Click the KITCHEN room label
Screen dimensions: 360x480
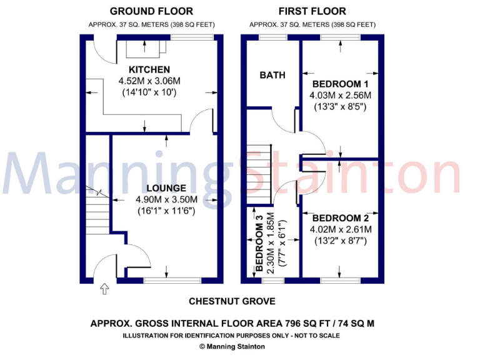[149, 69]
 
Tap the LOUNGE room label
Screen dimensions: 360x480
[166, 188]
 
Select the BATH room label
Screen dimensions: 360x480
[272, 75]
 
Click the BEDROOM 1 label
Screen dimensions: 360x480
[340, 84]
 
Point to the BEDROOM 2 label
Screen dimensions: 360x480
[341, 218]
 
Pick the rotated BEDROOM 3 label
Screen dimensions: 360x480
[258, 246]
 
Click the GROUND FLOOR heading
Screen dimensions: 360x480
[151, 11]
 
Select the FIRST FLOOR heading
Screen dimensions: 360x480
[312, 11]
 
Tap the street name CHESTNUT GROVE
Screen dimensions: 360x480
[232, 301]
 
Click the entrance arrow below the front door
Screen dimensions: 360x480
[104, 289]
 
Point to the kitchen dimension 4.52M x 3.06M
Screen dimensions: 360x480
[149, 81]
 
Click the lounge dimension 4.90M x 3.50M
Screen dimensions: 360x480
[166, 199]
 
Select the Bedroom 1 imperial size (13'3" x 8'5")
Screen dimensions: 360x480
[340, 107]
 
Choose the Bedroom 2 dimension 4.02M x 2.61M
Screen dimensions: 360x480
[341, 229]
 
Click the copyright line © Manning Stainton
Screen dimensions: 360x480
[231, 346]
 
